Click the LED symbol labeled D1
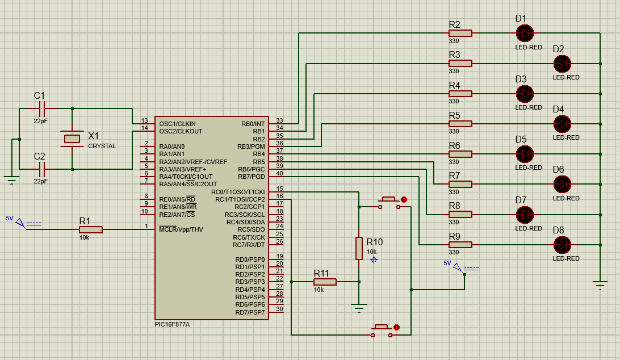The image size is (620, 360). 525,33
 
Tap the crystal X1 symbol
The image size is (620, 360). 72,138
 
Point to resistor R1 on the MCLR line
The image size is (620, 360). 91,229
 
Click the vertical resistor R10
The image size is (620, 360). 359,248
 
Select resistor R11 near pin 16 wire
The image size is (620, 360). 325,282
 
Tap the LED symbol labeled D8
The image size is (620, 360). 562,245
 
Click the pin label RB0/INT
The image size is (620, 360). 253,123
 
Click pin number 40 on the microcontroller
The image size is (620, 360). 279,173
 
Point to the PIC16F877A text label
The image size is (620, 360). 172,324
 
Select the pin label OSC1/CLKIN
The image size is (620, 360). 177,123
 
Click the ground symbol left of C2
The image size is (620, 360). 12,181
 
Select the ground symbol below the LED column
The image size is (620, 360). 600,286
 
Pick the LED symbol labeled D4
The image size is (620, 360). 562,123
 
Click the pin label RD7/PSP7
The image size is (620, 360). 250,312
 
